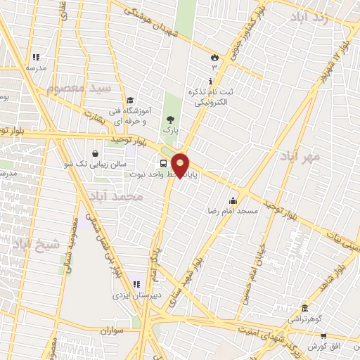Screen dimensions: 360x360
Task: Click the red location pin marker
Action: click(181, 166)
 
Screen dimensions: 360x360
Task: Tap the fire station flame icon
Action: click(214, 56)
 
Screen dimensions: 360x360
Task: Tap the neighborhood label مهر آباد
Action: click(300, 156)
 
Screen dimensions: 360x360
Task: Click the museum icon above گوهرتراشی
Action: click(303, 309)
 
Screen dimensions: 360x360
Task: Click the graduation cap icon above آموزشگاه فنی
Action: click(131, 101)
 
